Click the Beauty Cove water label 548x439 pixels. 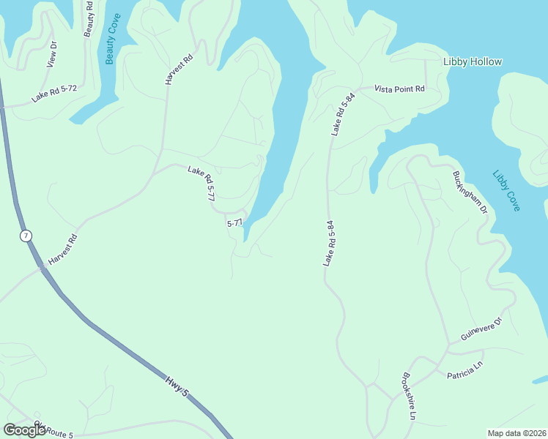(x=111, y=39)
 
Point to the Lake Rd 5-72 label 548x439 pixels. (x=54, y=93)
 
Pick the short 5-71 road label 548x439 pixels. (x=234, y=222)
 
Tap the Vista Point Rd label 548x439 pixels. (x=399, y=89)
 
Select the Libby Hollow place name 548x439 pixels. (x=473, y=61)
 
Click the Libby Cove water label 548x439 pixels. (x=506, y=191)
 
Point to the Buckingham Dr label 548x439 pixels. (x=470, y=192)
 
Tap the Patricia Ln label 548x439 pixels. (x=465, y=369)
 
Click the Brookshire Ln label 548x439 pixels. (x=409, y=397)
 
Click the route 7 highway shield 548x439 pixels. (x=26, y=236)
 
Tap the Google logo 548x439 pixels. (x=25, y=430)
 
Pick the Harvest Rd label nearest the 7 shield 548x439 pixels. (x=63, y=250)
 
